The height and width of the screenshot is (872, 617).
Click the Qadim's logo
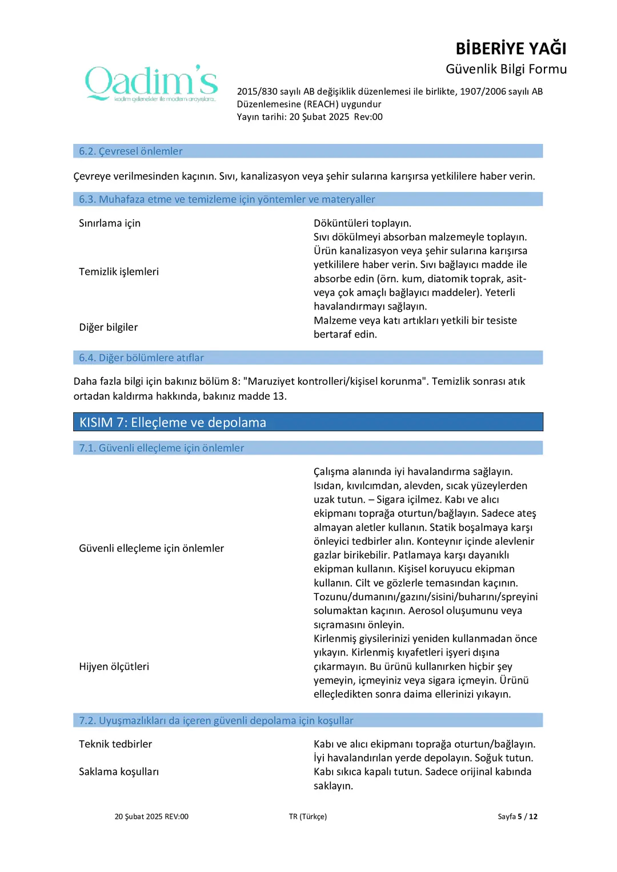pos(151,83)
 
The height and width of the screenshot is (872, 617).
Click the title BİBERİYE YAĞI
pos(511,49)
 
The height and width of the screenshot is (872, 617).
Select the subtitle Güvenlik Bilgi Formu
pos(506,69)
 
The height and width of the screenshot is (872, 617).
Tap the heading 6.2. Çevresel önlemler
pos(131,151)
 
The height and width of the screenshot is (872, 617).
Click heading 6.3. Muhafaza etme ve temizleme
pos(227,199)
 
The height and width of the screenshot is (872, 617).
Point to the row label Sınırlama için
pos(110,223)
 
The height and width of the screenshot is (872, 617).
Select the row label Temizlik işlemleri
pos(119,272)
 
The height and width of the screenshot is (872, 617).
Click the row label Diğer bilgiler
pos(109,327)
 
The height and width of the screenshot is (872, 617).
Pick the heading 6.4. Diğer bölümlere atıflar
pos(141,358)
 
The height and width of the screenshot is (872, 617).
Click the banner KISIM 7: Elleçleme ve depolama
pos(173,423)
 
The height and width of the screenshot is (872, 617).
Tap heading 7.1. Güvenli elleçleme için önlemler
pos(161,448)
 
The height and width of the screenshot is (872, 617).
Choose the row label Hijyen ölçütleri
pos(114,666)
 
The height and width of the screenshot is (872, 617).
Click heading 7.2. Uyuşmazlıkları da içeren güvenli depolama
pos(216,721)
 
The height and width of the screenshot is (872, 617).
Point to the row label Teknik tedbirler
pos(115,744)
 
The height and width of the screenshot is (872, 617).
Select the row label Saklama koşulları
pos(119,772)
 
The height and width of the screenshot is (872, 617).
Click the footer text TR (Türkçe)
pos(308,817)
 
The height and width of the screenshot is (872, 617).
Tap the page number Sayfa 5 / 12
pos(517,817)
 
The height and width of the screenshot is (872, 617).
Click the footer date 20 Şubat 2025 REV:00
pos(151,817)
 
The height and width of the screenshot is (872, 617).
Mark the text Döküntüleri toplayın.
pos(362,223)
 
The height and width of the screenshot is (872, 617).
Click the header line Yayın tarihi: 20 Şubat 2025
pos(310,117)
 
